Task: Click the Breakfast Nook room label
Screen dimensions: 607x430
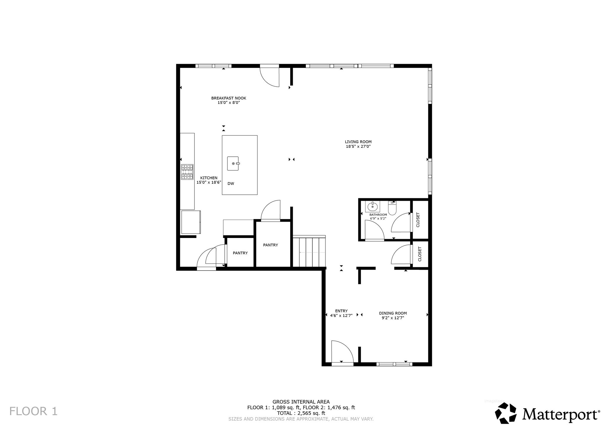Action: (229, 98)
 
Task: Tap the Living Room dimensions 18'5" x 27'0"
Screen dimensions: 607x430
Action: (358, 146)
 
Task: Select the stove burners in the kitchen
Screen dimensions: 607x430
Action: (187, 172)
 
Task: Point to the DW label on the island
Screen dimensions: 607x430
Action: (231, 184)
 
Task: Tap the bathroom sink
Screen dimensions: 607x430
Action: (373, 207)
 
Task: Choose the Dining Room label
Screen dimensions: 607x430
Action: (393, 313)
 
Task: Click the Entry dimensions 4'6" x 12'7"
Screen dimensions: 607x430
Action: (341, 315)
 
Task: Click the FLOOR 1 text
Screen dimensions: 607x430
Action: (33, 411)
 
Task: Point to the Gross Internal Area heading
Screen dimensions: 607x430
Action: (301, 402)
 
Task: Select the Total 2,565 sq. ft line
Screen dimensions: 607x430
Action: (301, 413)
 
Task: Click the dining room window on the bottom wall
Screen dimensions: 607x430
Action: (394, 364)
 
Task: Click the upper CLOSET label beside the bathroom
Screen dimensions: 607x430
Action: (418, 220)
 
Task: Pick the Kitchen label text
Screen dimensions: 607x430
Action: (209, 178)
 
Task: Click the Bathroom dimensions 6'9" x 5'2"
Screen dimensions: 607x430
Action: (378, 218)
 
